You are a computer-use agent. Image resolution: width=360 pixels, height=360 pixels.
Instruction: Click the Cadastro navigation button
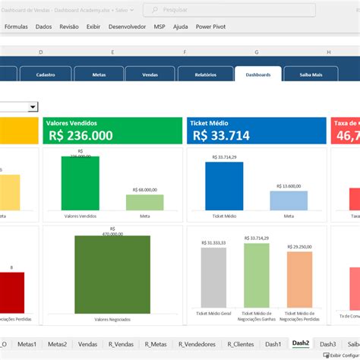[x=44, y=74]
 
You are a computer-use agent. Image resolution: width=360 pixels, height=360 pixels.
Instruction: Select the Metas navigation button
[x=99, y=74]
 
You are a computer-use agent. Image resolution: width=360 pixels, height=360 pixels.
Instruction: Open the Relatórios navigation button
[x=204, y=74]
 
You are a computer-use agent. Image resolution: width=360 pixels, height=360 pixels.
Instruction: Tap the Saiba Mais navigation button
[x=311, y=74]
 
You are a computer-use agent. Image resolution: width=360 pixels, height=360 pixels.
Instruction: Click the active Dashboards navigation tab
[x=257, y=74]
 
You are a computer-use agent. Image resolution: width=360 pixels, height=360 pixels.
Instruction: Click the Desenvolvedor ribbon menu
[x=128, y=26]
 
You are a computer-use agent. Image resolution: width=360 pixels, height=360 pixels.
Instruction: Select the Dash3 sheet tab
[x=327, y=343]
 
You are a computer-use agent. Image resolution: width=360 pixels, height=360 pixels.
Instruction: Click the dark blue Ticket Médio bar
[x=223, y=185]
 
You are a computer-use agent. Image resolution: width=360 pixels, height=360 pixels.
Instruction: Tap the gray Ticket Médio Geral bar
[x=213, y=276]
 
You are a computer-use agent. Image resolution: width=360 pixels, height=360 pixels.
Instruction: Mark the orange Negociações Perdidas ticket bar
[x=299, y=279]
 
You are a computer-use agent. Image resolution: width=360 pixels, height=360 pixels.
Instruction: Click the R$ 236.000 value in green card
[x=81, y=135]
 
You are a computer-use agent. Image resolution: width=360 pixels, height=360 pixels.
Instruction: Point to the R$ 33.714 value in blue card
[x=221, y=135]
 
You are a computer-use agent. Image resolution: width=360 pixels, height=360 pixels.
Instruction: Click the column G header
[x=256, y=52]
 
